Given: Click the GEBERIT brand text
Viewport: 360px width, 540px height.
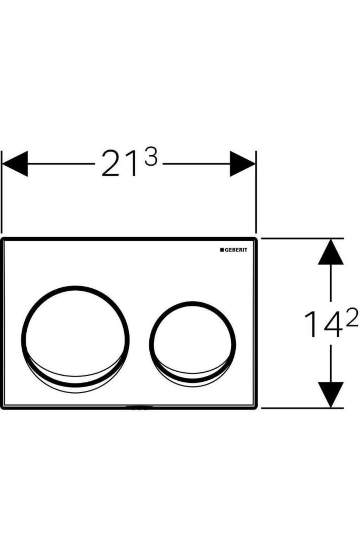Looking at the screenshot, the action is click(x=236, y=250).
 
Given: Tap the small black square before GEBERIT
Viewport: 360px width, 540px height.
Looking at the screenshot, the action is click(x=222, y=250).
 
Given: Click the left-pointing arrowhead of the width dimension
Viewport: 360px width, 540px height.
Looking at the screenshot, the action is click(x=15, y=164).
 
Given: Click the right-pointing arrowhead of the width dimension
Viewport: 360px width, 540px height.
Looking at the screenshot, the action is click(x=242, y=164).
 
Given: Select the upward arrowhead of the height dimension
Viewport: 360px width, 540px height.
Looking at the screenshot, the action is click(x=331, y=251).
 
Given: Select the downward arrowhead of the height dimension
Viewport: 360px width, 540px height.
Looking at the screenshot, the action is click(x=331, y=394).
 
